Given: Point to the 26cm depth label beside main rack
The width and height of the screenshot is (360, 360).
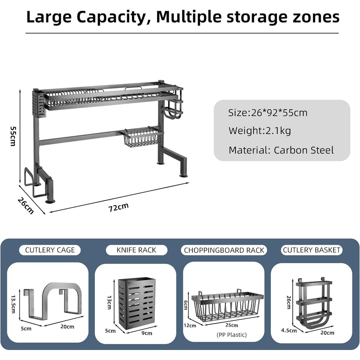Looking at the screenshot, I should (26, 205).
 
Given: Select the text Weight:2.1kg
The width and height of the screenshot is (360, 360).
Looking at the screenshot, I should (260, 131).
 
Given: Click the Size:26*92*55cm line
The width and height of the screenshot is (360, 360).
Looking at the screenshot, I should (268, 113).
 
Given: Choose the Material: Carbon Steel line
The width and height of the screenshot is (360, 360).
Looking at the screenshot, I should (281, 150).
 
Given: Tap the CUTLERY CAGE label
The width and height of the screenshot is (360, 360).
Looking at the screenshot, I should (50, 250).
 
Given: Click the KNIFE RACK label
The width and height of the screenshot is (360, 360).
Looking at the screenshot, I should (136, 250).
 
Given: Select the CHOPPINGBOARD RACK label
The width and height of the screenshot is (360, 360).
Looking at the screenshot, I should (224, 250).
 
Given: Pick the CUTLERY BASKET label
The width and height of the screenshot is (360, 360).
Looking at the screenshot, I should (312, 250).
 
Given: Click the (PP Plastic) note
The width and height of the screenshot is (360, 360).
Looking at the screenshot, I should (232, 334).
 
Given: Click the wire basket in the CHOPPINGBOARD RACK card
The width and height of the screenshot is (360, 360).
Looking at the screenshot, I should (227, 306).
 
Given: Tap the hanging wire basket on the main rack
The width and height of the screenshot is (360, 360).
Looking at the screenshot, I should (143, 138).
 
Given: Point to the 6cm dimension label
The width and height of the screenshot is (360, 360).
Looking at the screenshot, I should (185, 305).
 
